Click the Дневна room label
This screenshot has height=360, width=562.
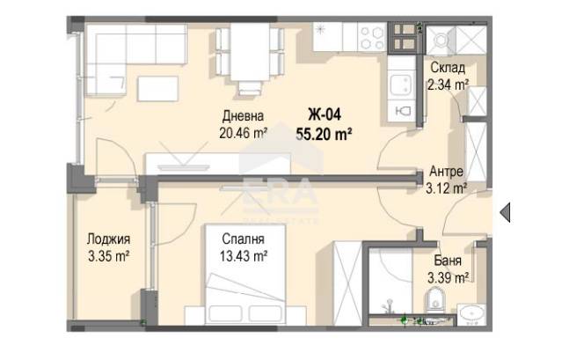click(243, 116)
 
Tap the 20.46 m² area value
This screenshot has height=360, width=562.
click(244, 133)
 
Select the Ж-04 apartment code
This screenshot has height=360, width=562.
click(325, 114)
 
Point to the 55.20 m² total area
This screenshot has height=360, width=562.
click(324, 135)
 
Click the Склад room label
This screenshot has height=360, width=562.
click(448, 68)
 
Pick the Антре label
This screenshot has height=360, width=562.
click(446, 171)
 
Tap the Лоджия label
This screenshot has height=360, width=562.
click(108, 239)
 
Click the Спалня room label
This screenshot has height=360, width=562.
click(243, 239)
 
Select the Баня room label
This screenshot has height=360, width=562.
click(448, 261)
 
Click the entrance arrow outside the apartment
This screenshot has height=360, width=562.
click(506, 212)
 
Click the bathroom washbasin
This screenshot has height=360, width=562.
click(471, 314)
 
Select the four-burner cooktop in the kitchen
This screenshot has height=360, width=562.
click(371, 37)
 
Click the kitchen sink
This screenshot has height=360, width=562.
click(401, 85)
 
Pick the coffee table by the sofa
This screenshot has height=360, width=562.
click(157, 89)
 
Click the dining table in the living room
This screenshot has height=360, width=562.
click(250, 52)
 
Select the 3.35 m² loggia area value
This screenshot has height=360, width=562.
click(108, 256)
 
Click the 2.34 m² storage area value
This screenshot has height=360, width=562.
click(448, 84)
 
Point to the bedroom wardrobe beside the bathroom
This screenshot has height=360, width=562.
click(347, 283)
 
